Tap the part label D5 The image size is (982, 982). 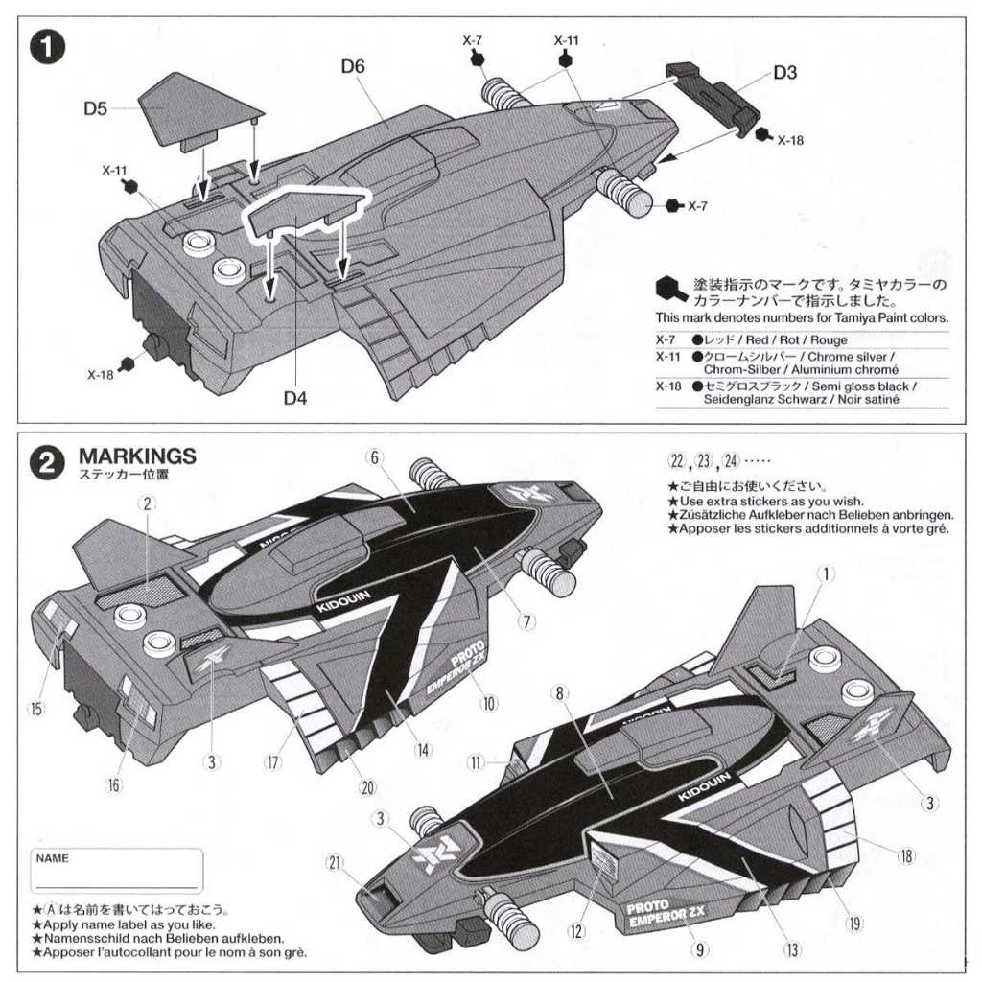[94, 108]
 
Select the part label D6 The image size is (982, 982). [353, 67]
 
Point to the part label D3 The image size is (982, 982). [785, 72]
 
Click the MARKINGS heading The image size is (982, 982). [137, 455]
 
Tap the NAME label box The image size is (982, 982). [116, 871]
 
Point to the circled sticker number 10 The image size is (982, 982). [489, 702]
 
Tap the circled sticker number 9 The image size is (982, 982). [699, 950]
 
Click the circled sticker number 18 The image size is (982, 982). [905, 854]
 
